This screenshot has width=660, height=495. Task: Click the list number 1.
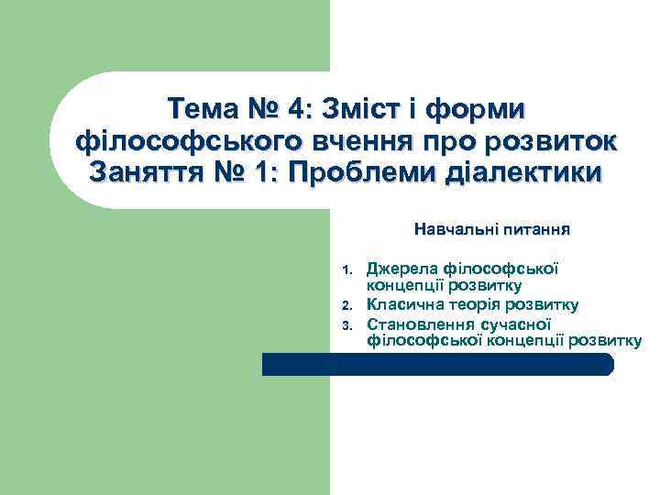(x=346, y=270)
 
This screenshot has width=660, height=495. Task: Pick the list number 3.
(x=346, y=324)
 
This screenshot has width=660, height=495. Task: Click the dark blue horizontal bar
(x=437, y=364)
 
